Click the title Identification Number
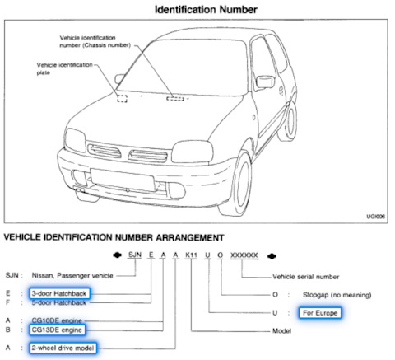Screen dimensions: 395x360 click(206, 10)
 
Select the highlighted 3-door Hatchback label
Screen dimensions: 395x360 click(59, 293)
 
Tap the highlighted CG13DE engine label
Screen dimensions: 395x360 click(57, 330)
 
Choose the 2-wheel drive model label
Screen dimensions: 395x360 click(63, 348)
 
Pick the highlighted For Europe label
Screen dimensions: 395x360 click(320, 313)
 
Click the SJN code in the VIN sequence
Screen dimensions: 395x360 click(135, 255)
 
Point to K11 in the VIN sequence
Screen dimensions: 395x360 click(191, 255)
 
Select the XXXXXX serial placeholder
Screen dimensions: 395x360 click(244, 255)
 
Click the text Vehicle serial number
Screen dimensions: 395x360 click(305, 277)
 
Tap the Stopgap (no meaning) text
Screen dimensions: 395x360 click(337, 295)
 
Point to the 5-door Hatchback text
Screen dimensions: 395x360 click(59, 302)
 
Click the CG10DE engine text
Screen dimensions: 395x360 click(57, 320)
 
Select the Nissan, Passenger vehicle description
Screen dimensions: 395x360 click(72, 275)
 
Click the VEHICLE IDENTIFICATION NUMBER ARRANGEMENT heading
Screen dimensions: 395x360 click(114, 237)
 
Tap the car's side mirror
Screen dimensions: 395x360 click(265, 82)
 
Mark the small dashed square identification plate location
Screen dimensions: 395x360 click(122, 98)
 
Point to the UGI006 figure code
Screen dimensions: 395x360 click(376, 217)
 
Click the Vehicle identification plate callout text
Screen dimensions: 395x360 click(65, 68)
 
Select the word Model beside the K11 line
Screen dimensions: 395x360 click(281, 331)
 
